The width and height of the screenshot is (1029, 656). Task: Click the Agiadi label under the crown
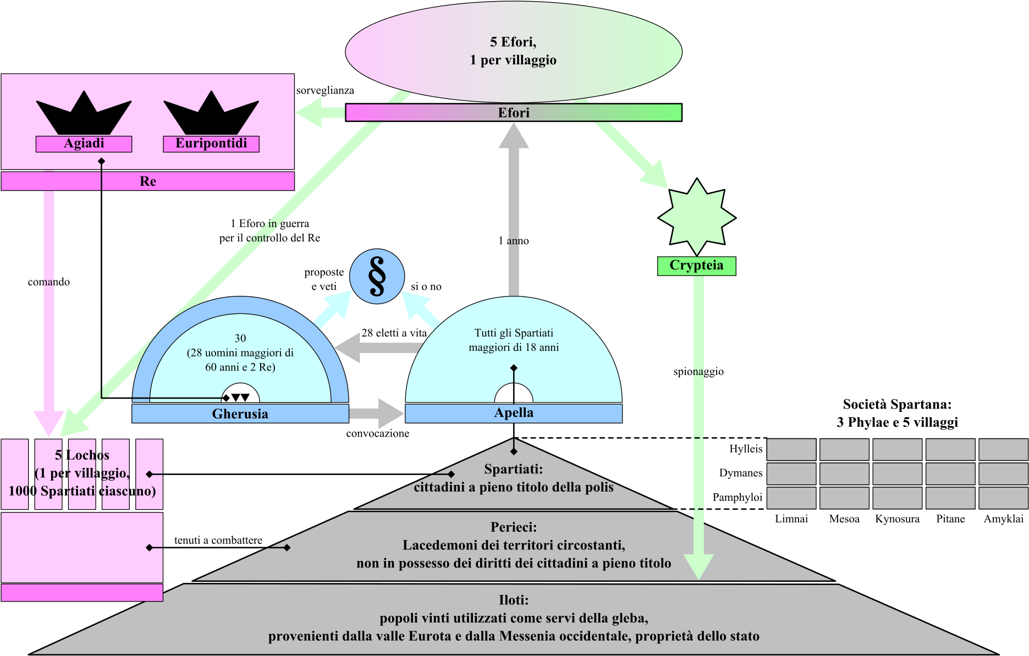click(84, 144)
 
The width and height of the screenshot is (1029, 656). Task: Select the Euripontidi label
click(211, 144)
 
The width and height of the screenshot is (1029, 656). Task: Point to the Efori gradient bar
click(513, 113)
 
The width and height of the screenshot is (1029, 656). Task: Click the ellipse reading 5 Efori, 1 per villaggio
click(513, 51)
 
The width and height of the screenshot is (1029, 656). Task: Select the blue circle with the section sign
click(377, 277)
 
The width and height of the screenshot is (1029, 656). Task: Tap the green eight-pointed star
click(697, 217)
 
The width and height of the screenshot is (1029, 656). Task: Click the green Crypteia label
click(696, 266)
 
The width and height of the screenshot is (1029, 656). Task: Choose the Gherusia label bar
click(240, 414)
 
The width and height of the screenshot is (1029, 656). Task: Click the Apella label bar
click(513, 413)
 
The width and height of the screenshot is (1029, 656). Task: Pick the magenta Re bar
click(147, 181)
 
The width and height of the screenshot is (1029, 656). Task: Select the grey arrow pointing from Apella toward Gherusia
click(377, 348)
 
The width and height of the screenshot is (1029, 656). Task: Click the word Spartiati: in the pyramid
click(513, 469)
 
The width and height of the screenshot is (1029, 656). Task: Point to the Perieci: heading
click(513, 527)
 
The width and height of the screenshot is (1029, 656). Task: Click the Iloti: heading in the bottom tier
click(513, 600)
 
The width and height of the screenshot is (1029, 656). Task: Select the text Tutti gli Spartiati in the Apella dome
click(513, 333)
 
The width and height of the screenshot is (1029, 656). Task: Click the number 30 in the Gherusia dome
click(240, 338)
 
